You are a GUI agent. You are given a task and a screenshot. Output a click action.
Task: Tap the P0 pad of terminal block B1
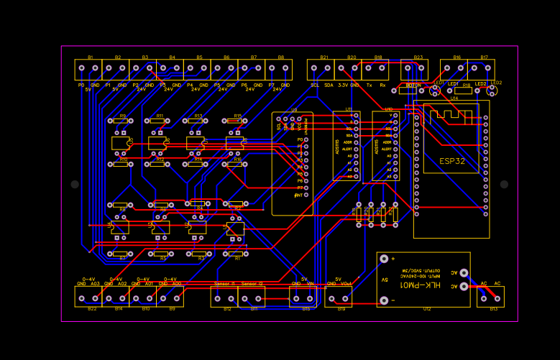pyautogui.click(x=82, y=69)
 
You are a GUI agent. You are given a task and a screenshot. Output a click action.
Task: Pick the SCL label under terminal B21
pyautogui.click(x=315, y=85)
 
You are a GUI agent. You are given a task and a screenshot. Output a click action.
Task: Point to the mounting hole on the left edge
pyautogui.click(x=75, y=185)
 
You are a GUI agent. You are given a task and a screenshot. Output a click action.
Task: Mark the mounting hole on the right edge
pyautogui.click(x=504, y=185)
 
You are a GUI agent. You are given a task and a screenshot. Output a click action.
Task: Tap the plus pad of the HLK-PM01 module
pyautogui.click(x=384, y=259)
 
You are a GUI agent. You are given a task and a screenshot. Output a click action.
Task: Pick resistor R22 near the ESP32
pyautogui.click(x=382, y=212)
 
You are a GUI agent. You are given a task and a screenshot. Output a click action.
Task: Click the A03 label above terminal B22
pyautogui.click(x=95, y=284)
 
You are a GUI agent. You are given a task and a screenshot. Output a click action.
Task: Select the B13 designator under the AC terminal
pyautogui.click(x=493, y=309)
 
